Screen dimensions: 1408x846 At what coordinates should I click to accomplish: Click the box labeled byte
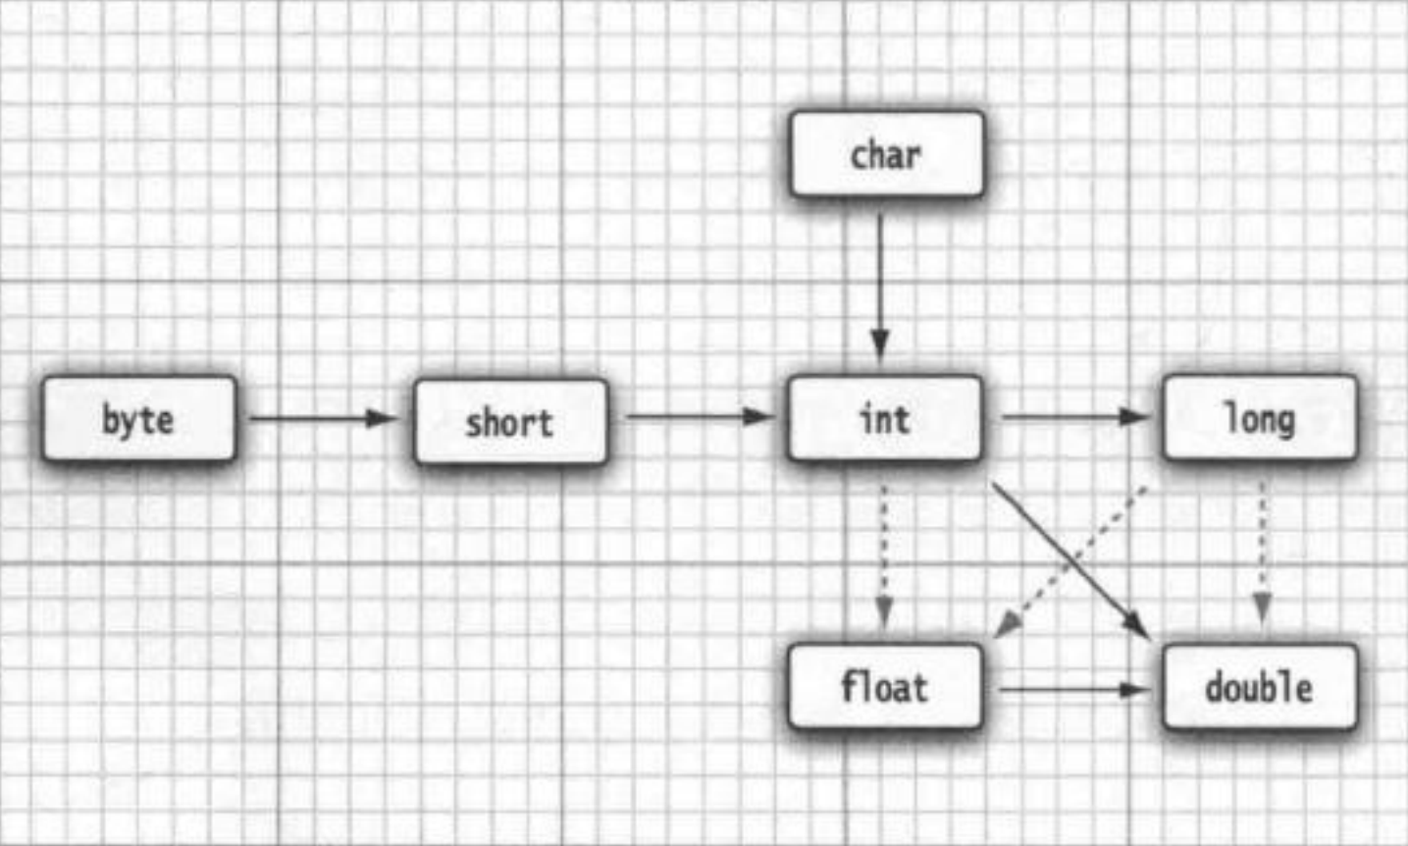[139, 419]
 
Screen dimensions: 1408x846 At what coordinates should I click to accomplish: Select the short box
[510, 421]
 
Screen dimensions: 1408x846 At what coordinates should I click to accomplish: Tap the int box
[884, 418]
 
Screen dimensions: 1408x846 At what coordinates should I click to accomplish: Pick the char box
[887, 154]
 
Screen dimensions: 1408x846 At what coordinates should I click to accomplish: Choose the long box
[1260, 418]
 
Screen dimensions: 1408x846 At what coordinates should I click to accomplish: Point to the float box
[884, 686]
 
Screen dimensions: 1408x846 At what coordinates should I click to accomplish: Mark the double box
[1260, 687]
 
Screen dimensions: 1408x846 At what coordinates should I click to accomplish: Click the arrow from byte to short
[323, 418]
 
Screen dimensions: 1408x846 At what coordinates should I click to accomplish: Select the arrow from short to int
[699, 416]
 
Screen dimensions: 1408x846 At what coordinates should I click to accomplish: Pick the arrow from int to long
[1074, 416]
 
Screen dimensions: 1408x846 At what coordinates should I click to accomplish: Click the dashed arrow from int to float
[884, 556]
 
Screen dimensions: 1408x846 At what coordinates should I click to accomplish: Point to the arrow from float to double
[1073, 690]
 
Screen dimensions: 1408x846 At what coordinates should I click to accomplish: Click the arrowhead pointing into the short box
[382, 418]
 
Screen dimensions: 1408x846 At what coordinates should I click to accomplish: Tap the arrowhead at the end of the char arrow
[880, 345]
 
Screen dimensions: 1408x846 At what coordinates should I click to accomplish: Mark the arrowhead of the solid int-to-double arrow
[1138, 626]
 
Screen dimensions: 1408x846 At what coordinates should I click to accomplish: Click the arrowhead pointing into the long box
[1132, 416]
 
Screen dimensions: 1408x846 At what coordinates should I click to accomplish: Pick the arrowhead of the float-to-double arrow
[1134, 690]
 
